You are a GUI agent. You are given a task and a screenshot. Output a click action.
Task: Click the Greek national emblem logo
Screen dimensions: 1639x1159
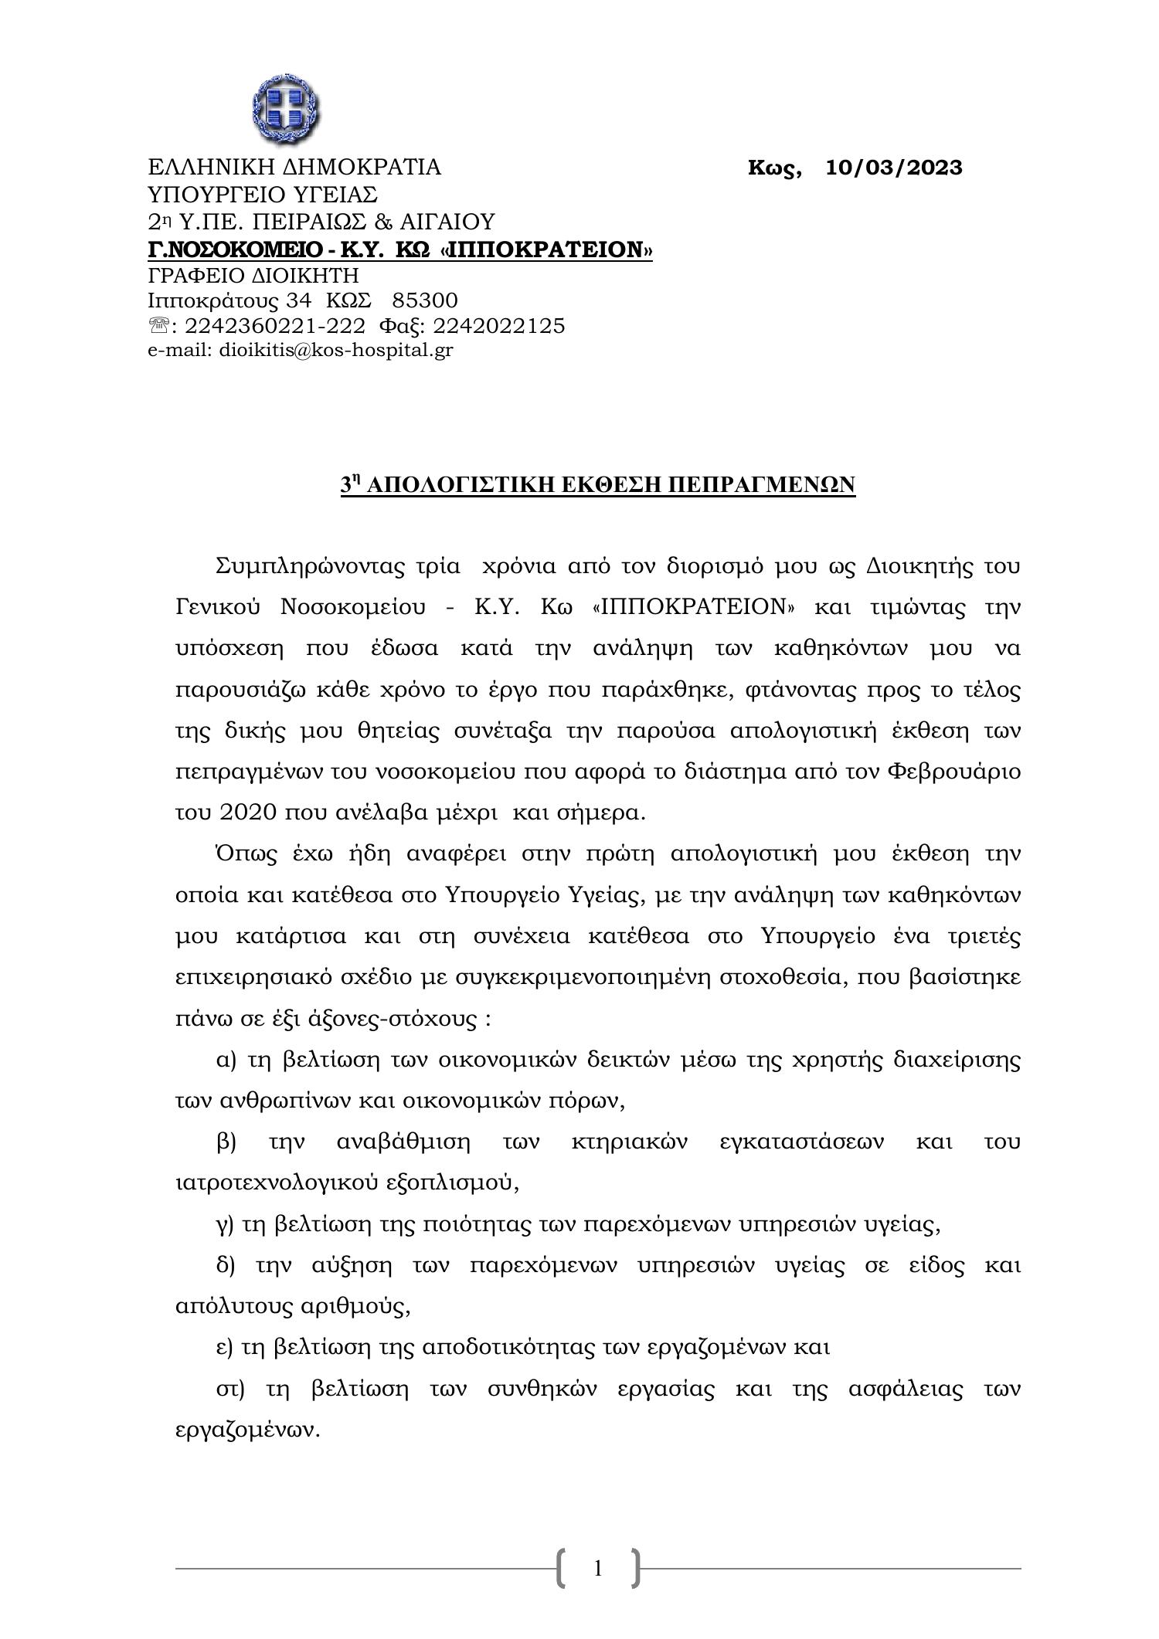click(x=287, y=110)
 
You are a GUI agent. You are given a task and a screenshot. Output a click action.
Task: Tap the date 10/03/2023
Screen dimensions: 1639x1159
click(x=894, y=168)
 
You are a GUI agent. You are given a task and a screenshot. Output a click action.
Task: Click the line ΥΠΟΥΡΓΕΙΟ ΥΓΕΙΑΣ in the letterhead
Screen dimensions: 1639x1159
click(x=263, y=194)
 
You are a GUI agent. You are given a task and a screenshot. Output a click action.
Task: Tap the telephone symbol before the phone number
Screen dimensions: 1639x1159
click(x=158, y=327)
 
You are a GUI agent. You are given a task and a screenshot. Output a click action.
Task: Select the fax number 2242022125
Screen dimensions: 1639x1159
click(x=499, y=326)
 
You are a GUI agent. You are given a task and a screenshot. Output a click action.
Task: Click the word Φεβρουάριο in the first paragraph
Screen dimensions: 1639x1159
click(x=955, y=772)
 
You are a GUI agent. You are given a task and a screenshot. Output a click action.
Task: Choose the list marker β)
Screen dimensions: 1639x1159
click(x=226, y=1142)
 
